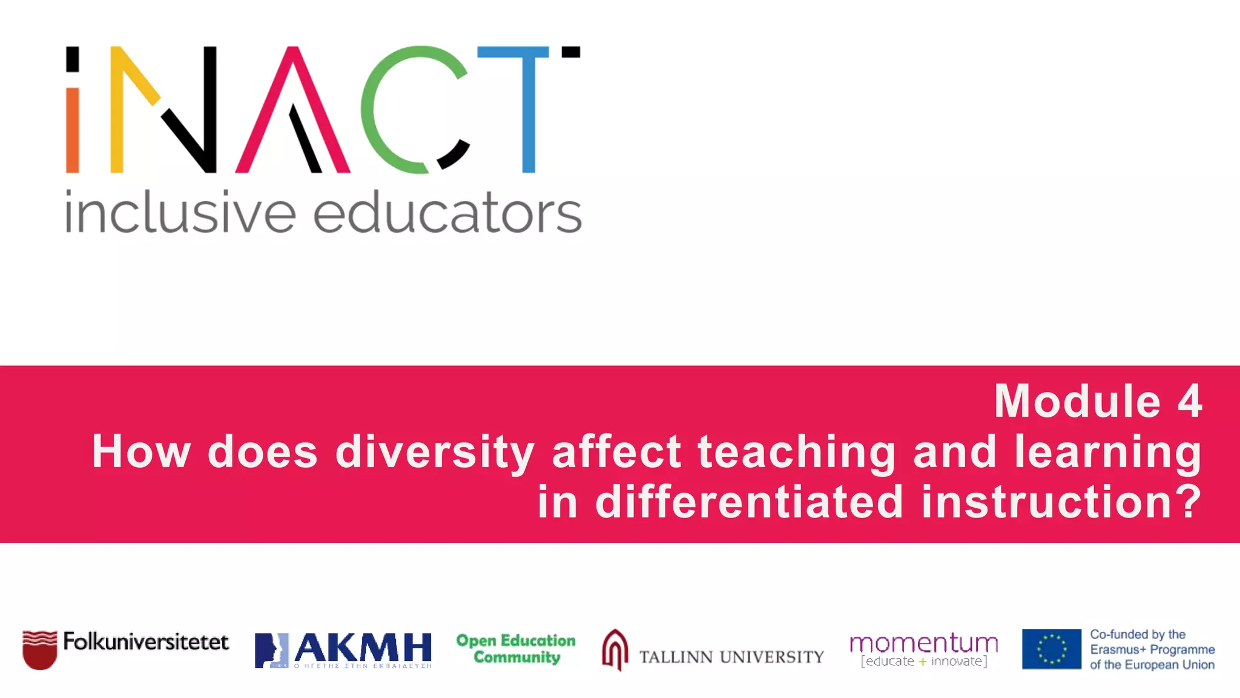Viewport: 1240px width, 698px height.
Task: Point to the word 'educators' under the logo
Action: [x=447, y=213]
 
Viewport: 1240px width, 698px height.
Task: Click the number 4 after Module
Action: [x=1189, y=401]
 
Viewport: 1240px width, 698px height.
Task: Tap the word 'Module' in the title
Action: [x=1077, y=401]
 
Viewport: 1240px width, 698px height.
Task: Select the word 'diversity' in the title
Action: [x=434, y=452]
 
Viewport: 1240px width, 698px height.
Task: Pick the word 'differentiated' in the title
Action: [x=750, y=502]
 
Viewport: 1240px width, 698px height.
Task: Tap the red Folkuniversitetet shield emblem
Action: [x=39, y=650]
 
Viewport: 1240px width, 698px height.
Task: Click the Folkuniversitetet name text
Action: [x=146, y=642]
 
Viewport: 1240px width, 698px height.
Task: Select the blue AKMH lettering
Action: [x=363, y=648]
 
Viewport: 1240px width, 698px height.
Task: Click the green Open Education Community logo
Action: [x=516, y=648]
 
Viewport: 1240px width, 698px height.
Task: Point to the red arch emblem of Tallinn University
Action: [x=615, y=650]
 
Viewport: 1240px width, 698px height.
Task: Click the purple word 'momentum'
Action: [x=923, y=643]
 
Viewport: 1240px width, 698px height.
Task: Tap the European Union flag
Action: [x=1051, y=649]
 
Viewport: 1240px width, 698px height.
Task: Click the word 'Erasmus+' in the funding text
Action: [x=1118, y=650]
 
